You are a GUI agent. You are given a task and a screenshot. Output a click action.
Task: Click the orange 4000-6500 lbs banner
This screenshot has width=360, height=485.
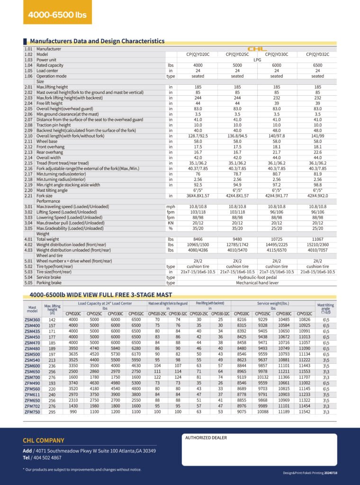[x=57, y=15]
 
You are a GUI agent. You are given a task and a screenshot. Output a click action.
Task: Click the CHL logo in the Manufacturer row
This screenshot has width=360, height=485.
[x=257, y=49]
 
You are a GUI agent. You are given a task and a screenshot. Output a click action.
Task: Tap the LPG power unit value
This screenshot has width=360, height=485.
[x=257, y=60]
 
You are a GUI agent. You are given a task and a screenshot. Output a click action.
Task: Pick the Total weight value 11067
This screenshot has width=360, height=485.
[x=318, y=240]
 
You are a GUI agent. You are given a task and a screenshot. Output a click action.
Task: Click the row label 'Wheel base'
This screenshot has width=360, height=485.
[x=47, y=142]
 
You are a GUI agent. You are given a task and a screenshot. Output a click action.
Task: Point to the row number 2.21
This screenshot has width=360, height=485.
[x=28, y=196]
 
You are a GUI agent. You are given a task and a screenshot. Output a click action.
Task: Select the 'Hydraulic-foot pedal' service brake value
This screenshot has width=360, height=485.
[x=257, y=278]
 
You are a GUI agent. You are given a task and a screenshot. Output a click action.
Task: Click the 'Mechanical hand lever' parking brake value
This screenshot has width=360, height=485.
[x=257, y=283]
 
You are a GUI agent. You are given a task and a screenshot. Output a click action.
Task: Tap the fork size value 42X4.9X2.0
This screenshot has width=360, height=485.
[x=318, y=196]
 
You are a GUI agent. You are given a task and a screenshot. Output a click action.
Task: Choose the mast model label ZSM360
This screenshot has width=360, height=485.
[x=32, y=321]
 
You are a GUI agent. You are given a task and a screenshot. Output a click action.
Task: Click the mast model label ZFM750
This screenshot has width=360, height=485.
[x=32, y=412]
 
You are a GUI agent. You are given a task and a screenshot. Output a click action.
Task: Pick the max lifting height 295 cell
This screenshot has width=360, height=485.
[x=52, y=412]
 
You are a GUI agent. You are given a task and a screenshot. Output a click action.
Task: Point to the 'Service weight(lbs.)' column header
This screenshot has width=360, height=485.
[x=273, y=303]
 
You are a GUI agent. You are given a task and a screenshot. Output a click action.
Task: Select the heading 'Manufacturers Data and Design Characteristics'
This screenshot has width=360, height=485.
[x=97, y=41]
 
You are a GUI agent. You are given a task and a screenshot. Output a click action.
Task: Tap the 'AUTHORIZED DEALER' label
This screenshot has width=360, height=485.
[x=206, y=438]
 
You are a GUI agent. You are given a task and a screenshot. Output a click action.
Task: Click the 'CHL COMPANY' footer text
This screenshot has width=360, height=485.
[x=44, y=440]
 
